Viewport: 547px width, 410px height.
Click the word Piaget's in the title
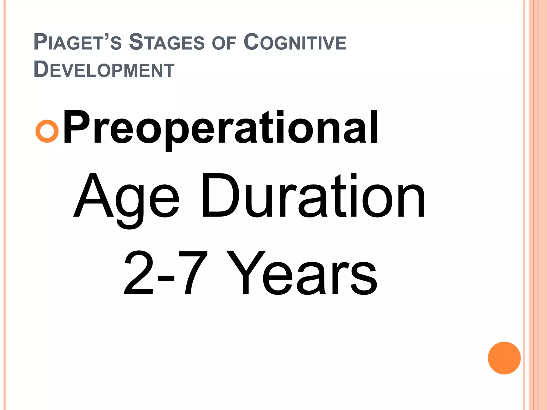(x=78, y=42)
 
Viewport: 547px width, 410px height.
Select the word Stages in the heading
(x=167, y=42)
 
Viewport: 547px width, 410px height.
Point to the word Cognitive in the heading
(x=295, y=42)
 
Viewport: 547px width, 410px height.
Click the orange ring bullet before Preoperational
(x=47, y=131)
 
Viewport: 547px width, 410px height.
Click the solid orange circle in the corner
(x=504, y=358)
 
